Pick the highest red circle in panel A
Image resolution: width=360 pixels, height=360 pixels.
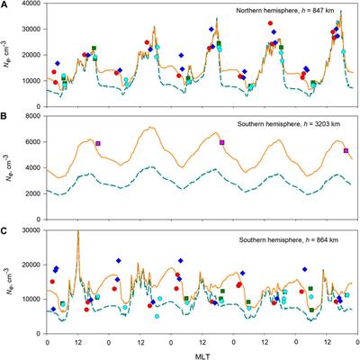(x=270, y=23)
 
